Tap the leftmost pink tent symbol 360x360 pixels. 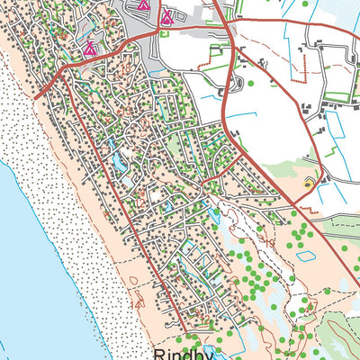(89, 49)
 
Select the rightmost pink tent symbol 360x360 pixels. (166, 15)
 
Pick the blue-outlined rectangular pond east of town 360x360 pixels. (306, 255)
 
